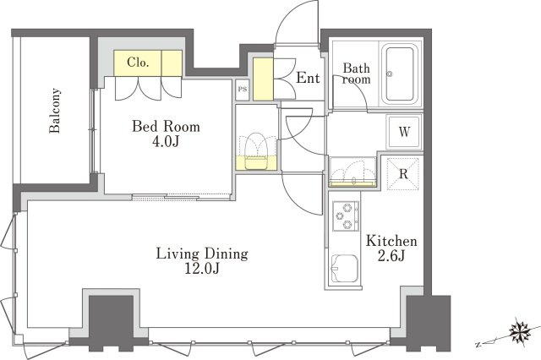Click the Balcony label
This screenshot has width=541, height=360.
55,111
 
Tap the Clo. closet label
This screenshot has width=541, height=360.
138,63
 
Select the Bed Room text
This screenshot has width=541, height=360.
166,126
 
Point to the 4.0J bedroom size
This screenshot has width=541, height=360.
166,141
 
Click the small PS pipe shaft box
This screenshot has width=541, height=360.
243,90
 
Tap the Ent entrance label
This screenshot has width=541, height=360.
308,78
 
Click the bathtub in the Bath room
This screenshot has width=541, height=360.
400,74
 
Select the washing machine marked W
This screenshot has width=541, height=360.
404,131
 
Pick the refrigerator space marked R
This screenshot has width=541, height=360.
403,174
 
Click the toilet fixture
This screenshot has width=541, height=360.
256,151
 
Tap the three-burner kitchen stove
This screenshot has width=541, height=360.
346,215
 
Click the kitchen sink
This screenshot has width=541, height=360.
344,268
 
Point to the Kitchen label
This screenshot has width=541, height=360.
391,241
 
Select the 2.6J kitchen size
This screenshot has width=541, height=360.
391,256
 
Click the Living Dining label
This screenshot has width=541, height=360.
202,254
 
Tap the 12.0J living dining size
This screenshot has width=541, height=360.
202,268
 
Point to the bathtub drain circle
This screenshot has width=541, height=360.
390,74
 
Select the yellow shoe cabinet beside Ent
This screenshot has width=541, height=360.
263,79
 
